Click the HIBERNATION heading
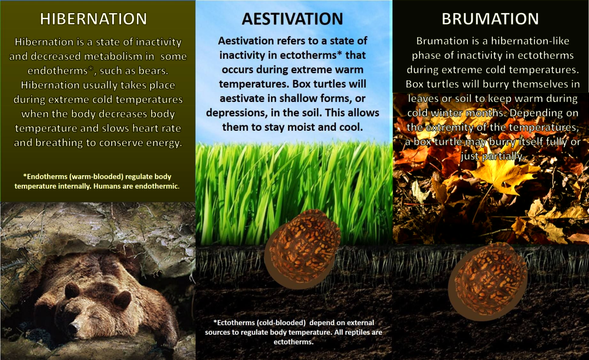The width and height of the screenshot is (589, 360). (94, 19)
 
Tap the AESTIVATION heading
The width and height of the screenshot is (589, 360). (292, 19)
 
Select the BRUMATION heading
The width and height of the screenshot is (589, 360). (490, 19)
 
